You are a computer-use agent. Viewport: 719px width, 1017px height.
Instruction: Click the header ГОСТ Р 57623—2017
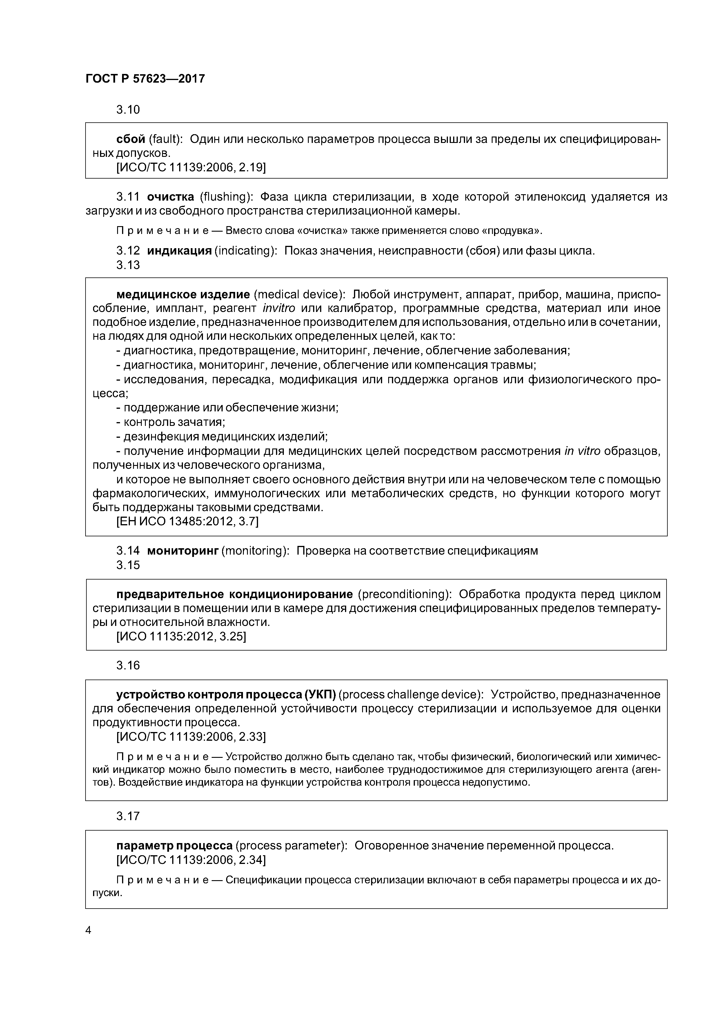coord(145,79)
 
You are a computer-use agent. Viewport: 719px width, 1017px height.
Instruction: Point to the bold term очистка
coord(170,197)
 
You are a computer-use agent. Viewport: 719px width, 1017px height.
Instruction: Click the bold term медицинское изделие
coord(183,295)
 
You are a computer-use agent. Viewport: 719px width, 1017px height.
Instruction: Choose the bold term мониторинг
coord(183,551)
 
